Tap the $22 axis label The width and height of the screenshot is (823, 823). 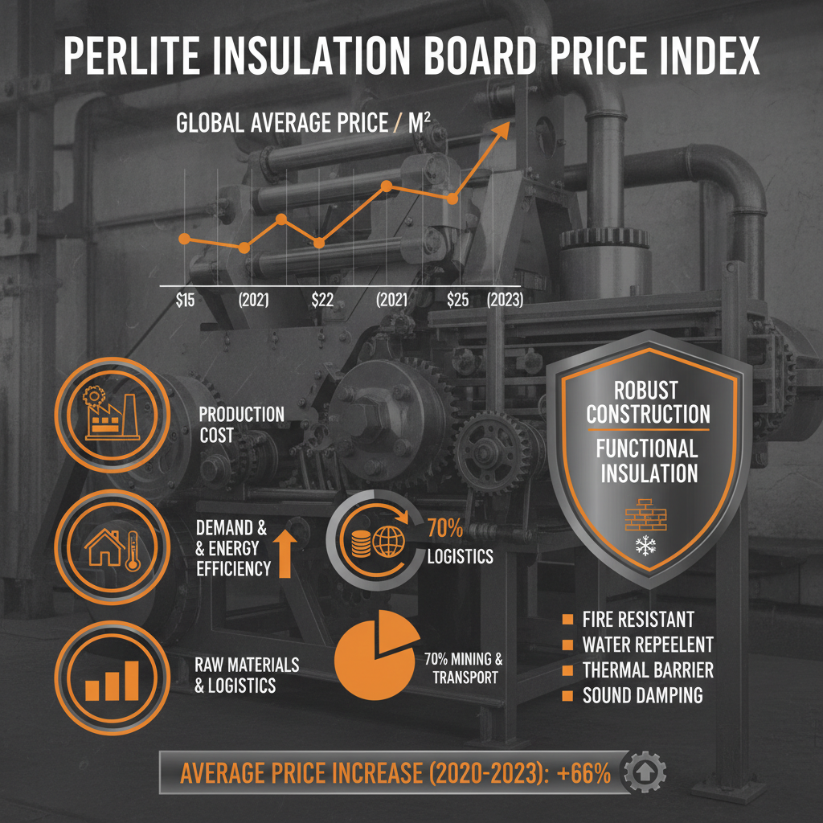tap(321, 300)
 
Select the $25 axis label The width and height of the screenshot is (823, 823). tap(457, 300)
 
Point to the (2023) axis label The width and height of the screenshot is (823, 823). tap(505, 300)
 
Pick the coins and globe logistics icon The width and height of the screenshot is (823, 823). tap(375, 543)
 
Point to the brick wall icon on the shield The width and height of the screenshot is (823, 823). tap(645, 514)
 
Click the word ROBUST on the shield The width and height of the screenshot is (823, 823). tap(646, 391)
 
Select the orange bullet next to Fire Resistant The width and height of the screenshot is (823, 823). tap(567, 619)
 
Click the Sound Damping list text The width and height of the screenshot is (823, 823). tap(642, 695)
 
